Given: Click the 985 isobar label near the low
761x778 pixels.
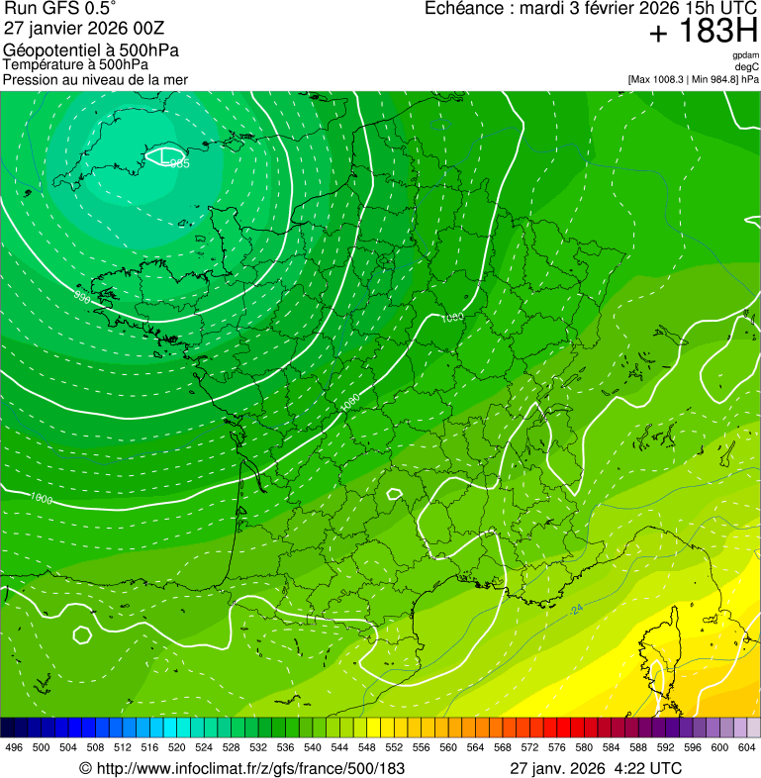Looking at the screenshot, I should pyautogui.click(x=179, y=164).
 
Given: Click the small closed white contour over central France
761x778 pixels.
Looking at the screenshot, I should pyautogui.click(x=394, y=493).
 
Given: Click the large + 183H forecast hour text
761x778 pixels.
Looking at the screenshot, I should pyautogui.click(x=703, y=32).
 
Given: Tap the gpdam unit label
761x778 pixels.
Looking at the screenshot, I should pyautogui.click(x=745, y=55).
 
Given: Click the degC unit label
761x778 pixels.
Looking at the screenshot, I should pyautogui.click(x=747, y=67).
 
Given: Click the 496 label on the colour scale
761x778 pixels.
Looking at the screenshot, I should pyautogui.click(x=14, y=748).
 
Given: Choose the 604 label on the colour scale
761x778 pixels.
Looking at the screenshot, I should pyautogui.click(x=746, y=748).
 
